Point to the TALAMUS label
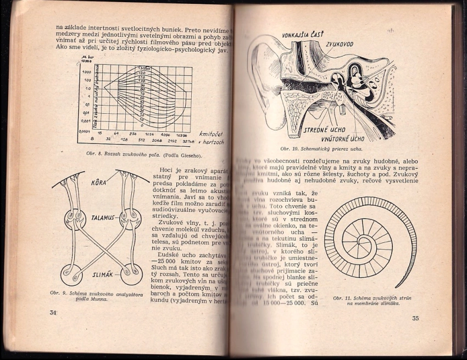[103, 217]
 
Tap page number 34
[53, 313]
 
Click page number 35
[416, 318]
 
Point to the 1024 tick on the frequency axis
[149, 134]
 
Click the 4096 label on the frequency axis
[166, 134]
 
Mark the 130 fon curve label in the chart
[141, 68]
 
